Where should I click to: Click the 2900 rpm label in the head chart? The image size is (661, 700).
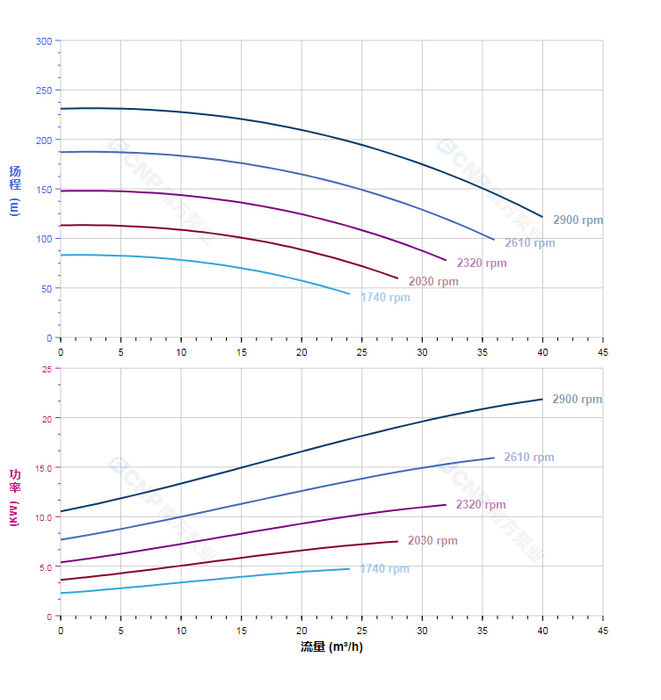click(x=577, y=220)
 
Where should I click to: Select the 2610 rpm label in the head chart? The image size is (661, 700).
click(x=529, y=242)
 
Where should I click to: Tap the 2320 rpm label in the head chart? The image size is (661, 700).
click(x=481, y=263)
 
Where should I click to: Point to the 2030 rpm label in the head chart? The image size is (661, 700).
click(x=432, y=281)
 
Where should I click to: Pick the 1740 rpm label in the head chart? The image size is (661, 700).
click(x=385, y=297)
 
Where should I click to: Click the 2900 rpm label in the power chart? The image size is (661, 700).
click(x=577, y=399)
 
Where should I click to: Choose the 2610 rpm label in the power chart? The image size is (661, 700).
click(x=528, y=457)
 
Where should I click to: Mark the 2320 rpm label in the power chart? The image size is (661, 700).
click(x=480, y=504)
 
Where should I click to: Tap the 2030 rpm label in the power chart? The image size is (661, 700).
click(x=432, y=540)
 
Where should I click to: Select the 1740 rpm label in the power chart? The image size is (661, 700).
click(x=384, y=568)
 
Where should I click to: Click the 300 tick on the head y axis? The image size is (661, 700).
click(x=43, y=41)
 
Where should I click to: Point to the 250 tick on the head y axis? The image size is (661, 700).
click(x=43, y=90)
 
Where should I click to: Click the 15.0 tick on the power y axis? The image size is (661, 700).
click(x=42, y=467)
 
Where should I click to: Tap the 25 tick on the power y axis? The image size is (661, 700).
click(x=47, y=369)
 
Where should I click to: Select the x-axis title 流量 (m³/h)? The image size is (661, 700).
click(x=331, y=646)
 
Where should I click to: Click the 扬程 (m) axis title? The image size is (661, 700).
click(x=14, y=190)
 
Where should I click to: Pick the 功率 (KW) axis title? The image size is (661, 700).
click(x=14, y=498)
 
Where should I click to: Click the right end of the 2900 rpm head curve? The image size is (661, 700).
click(x=542, y=216)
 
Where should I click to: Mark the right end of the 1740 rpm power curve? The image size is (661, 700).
click(x=349, y=568)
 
